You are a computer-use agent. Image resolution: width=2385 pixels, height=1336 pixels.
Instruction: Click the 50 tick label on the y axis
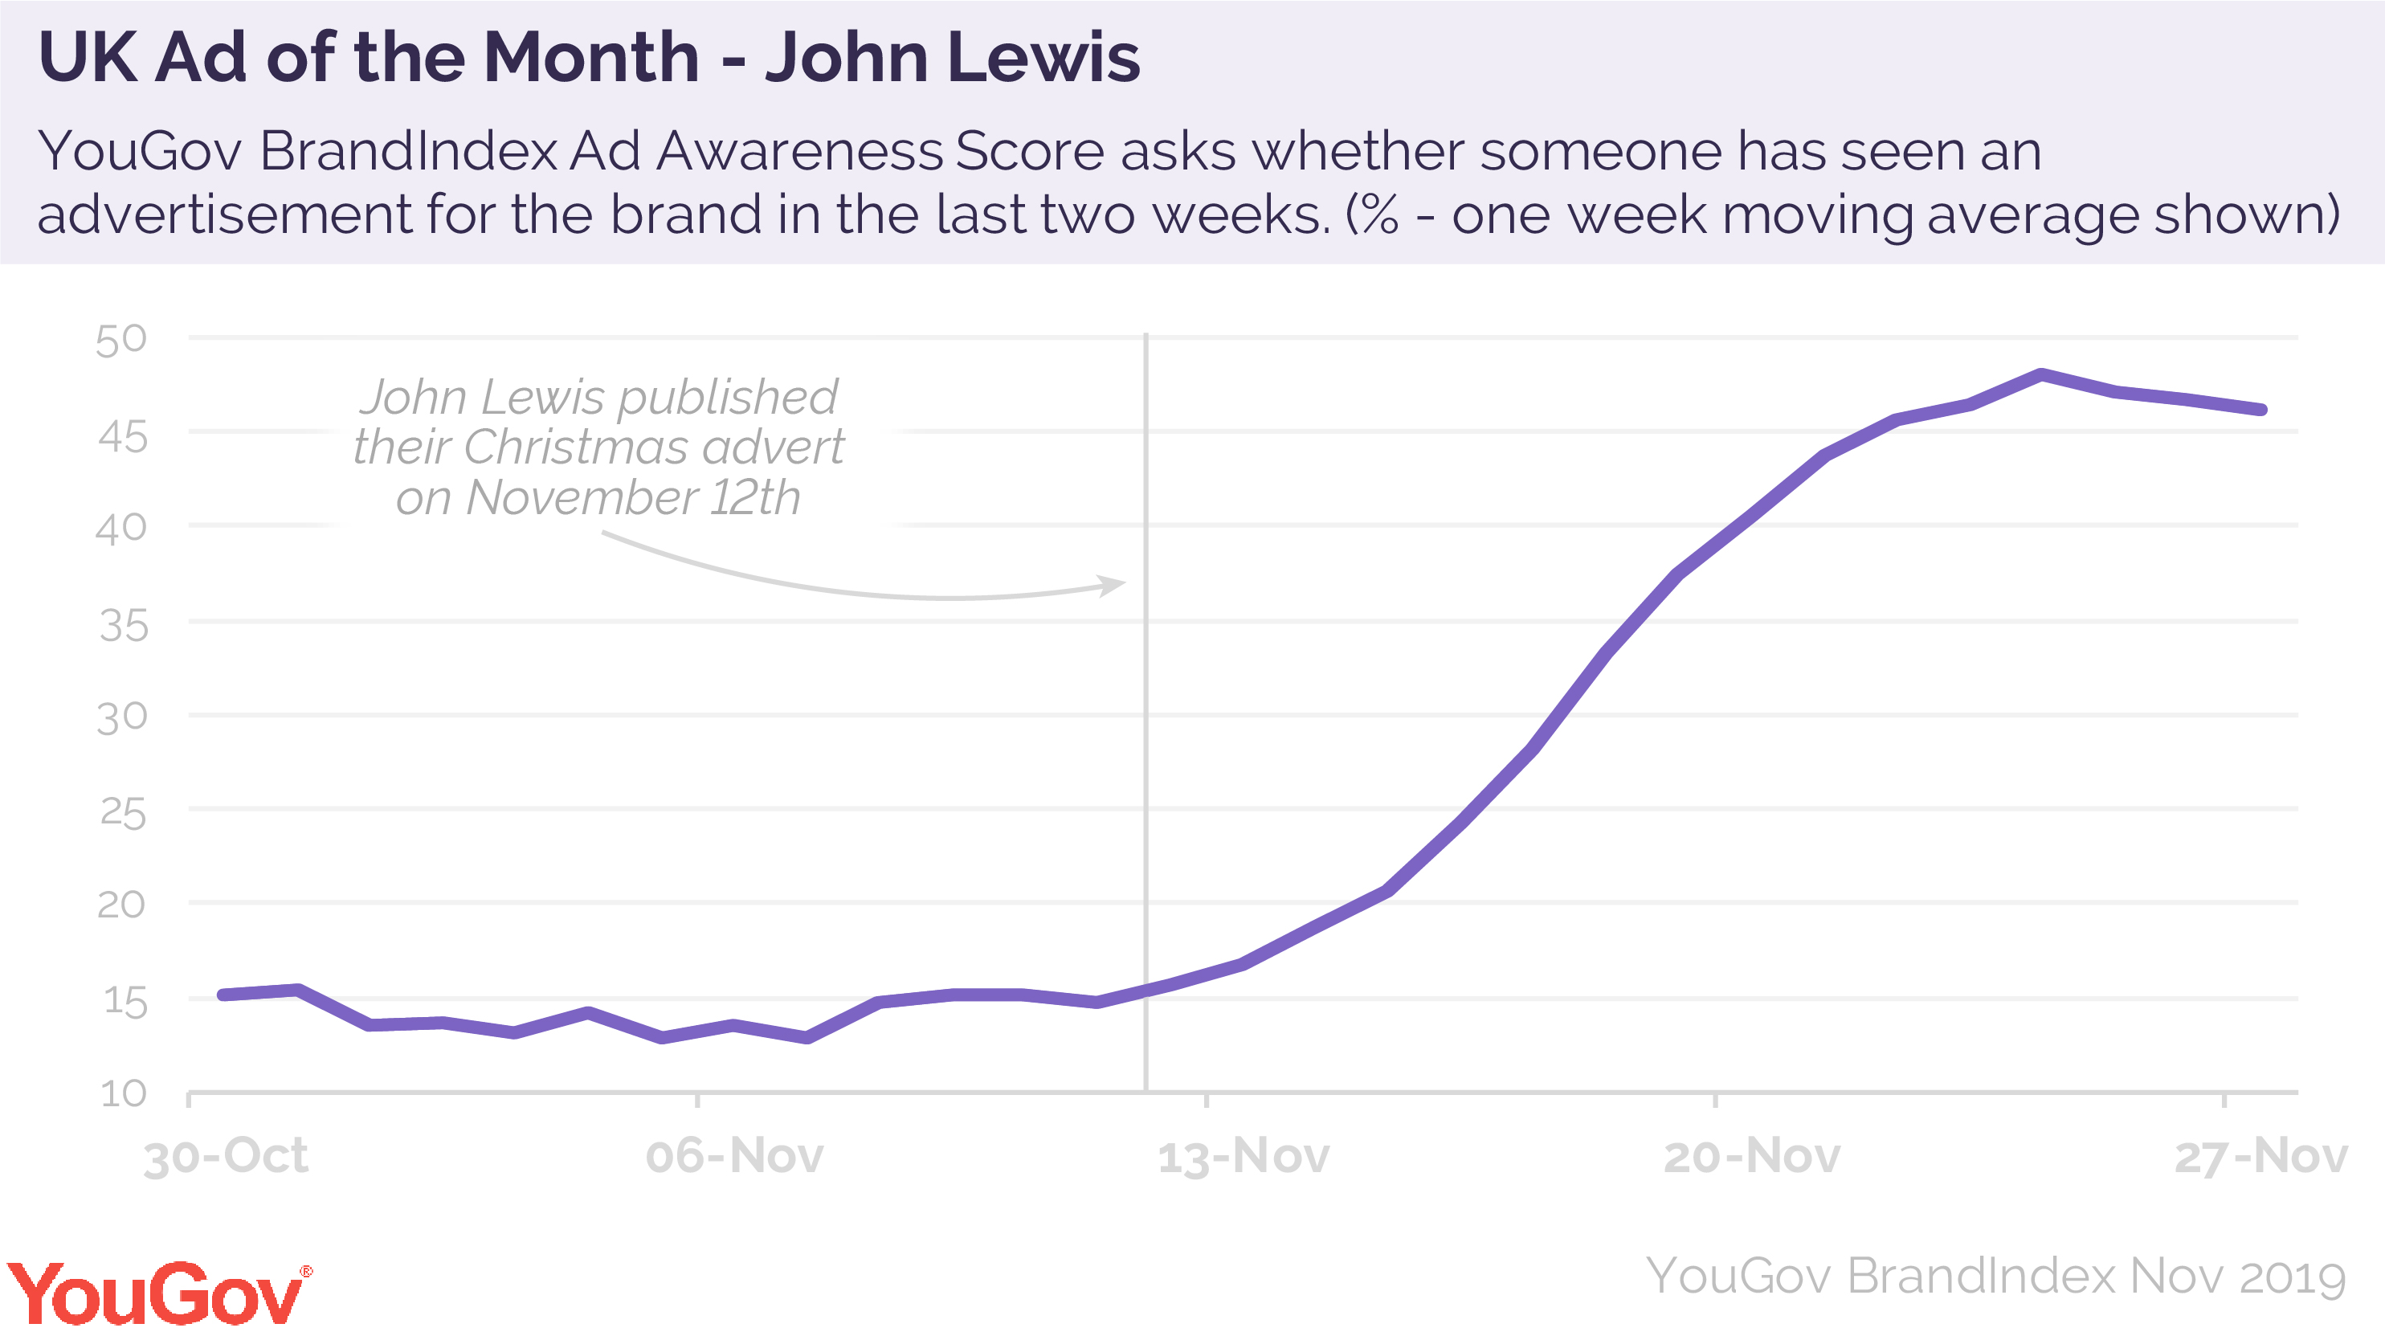pyautogui.click(x=121, y=340)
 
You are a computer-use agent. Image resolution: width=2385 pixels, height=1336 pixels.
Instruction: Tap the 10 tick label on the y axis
pyautogui.click(x=123, y=1093)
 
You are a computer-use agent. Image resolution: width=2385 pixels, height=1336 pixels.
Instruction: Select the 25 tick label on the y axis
pyautogui.click(x=123, y=814)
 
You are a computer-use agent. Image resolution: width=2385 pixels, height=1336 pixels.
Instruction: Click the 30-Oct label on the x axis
pyautogui.click(x=225, y=1156)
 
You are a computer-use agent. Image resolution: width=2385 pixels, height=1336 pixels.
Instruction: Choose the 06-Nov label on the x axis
pyautogui.click(x=734, y=1156)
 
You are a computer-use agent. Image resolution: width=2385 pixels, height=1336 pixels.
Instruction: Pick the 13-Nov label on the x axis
pyautogui.click(x=1244, y=1156)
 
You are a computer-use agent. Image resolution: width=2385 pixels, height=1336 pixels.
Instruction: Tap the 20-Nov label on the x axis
pyautogui.click(x=1752, y=1156)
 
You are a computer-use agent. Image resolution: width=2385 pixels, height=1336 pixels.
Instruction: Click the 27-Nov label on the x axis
pyautogui.click(x=2260, y=1156)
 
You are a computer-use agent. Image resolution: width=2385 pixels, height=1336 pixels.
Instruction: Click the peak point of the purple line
pyautogui.click(x=2041, y=375)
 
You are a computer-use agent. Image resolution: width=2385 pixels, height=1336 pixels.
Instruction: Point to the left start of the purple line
pyautogui.click(x=223, y=995)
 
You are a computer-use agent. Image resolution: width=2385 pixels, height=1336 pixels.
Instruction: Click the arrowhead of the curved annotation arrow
pyautogui.click(x=1115, y=584)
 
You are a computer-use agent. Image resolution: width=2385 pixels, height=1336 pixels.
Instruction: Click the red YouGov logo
pyautogui.click(x=157, y=1293)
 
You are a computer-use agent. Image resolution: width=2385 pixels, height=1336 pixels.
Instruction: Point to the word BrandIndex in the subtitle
pyautogui.click(x=408, y=151)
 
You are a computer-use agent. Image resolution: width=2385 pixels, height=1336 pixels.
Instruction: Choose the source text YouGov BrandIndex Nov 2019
pyautogui.click(x=1995, y=1277)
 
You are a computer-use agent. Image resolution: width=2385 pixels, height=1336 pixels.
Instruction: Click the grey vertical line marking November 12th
pyautogui.click(x=1146, y=741)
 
